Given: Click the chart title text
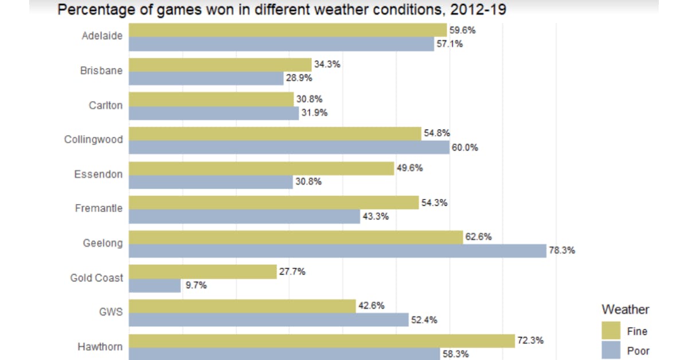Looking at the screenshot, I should [x=282, y=10].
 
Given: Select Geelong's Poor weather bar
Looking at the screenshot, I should [x=337, y=251].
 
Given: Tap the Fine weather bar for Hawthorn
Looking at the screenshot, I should [x=322, y=341].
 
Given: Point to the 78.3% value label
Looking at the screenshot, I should [x=561, y=251].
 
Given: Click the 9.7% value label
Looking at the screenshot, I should [x=196, y=285].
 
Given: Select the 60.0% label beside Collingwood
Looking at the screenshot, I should [x=465, y=147].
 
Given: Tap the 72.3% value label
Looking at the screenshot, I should [x=530, y=341].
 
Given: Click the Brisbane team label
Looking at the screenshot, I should [x=101, y=71].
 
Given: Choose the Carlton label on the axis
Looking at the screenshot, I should [x=105, y=105].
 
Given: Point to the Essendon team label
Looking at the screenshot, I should [x=98, y=174].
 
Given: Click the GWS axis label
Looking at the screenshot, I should [x=111, y=312].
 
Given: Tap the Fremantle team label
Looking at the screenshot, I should [x=99, y=208].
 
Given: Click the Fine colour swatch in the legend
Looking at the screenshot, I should [x=611, y=331].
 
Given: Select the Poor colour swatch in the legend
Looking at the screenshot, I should [x=611, y=350].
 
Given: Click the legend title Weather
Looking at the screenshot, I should [x=625, y=310].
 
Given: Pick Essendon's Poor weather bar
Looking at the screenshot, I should [x=210, y=182].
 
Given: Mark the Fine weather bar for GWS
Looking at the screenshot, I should [x=242, y=306].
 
